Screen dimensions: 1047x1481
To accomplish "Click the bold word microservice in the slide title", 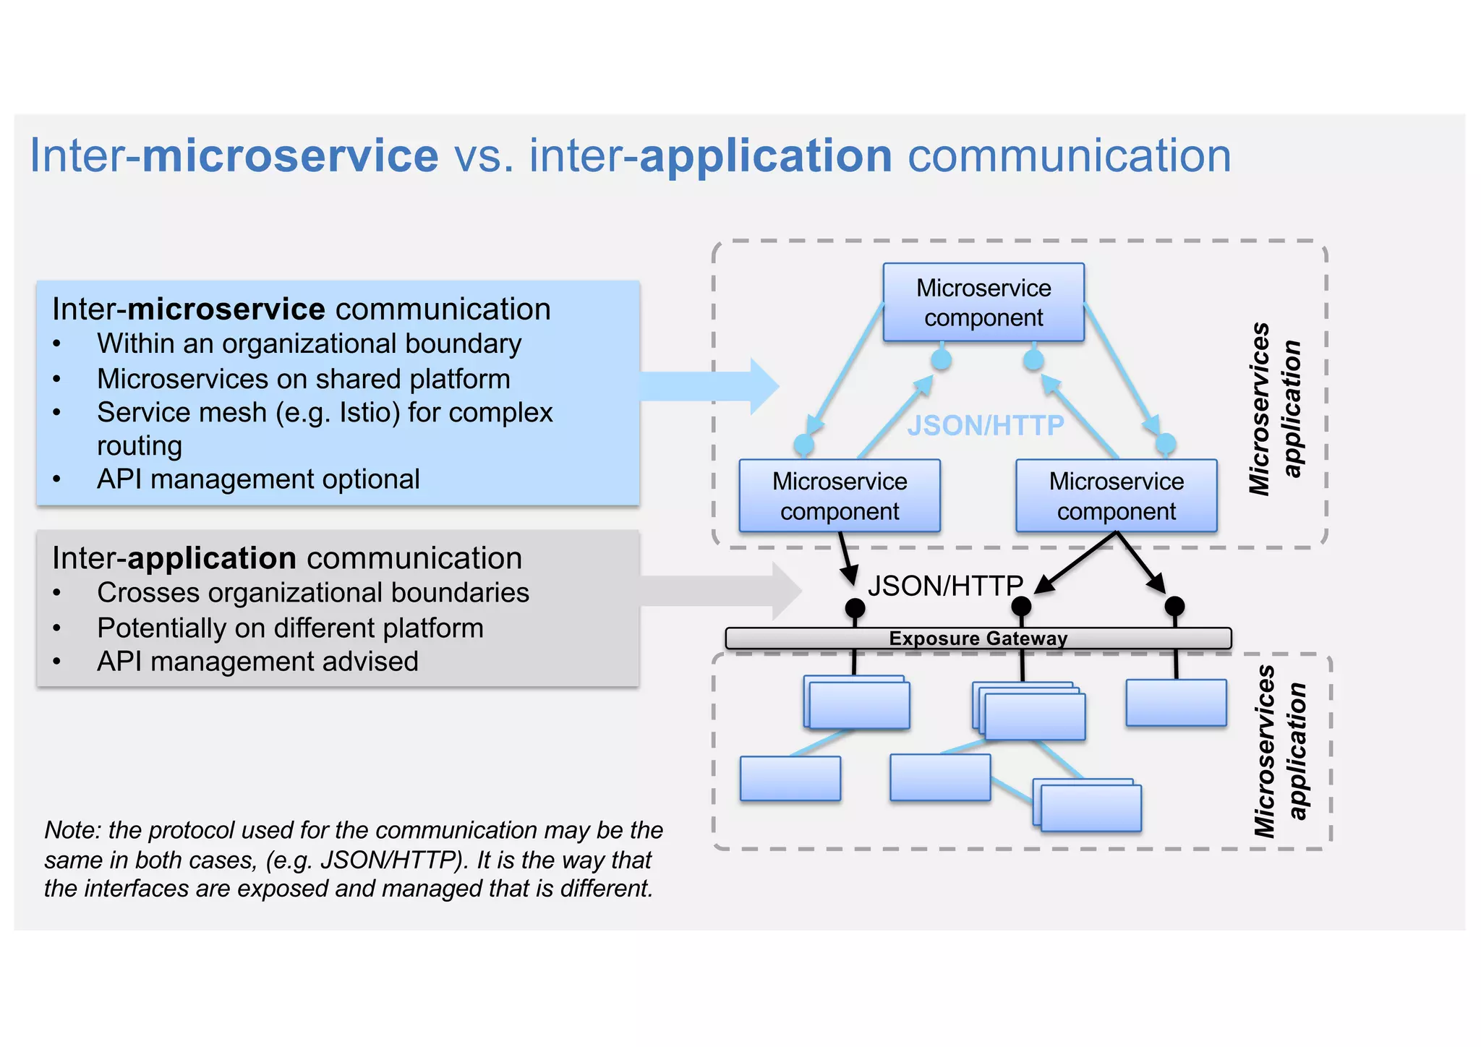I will [290, 156].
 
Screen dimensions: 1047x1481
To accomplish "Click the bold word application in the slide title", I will [766, 156].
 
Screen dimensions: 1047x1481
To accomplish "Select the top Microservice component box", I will [983, 302].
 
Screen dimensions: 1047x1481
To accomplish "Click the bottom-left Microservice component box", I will [840, 496].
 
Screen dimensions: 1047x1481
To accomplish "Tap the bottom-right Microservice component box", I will [1117, 496].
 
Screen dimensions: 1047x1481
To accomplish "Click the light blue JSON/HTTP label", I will [986, 425].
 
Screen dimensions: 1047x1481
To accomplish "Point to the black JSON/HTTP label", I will [945, 586].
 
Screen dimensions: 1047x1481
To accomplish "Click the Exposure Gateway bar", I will [978, 638].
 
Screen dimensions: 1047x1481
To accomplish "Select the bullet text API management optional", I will [258, 479].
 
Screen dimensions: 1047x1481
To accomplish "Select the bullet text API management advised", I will [257, 662].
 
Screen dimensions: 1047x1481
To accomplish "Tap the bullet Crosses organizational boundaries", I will [313, 593].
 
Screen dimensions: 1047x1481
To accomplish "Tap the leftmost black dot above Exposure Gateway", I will [855, 608].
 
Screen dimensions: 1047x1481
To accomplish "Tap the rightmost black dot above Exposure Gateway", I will [1174, 606].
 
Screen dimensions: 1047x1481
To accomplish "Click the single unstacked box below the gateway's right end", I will [1176, 703].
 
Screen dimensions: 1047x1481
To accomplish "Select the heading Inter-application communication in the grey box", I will [287, 558].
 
